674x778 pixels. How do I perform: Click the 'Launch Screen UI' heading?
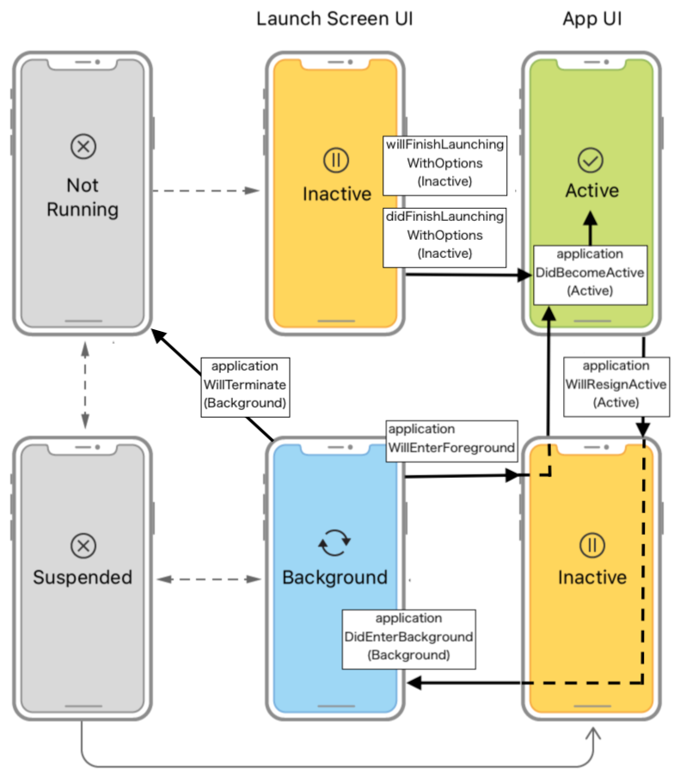click(x=334, y=18)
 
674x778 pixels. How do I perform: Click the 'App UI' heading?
click(x=591, y=18)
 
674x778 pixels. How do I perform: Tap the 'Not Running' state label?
click(x=83, y=197)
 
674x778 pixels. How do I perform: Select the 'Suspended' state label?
click(x=83, y=577)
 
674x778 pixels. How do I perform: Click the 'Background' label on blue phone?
click(x=334, y=577)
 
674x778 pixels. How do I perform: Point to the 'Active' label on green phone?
click(x=591, y=191)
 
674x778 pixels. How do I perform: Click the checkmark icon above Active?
click(x=591, y=159)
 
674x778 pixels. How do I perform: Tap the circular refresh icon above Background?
click(x=334, y=542)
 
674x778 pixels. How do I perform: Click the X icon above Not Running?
click(x=83, y=149)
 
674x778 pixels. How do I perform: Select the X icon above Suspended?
click(x=83, y=544)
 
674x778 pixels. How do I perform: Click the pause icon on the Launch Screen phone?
click(x=334, y=159)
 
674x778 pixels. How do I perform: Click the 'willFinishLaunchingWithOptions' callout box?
click(x=444, y=163)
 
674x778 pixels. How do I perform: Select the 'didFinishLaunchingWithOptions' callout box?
click(x=444, y=236)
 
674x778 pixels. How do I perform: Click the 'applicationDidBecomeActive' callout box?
click(x=590, y=273)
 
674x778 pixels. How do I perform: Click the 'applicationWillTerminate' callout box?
click(x=244, y=385)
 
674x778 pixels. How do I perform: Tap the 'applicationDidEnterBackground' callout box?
click(x=408, y=637)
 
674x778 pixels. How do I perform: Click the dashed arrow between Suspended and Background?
click(x=210, y=580)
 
